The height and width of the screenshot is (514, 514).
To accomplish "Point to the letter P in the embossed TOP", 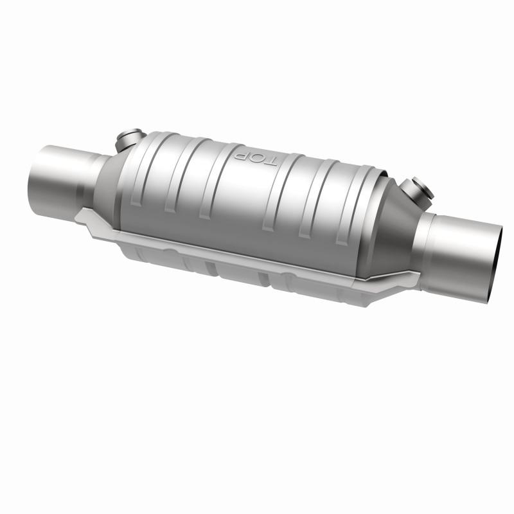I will pyautogui.click(x=244, y=154).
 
